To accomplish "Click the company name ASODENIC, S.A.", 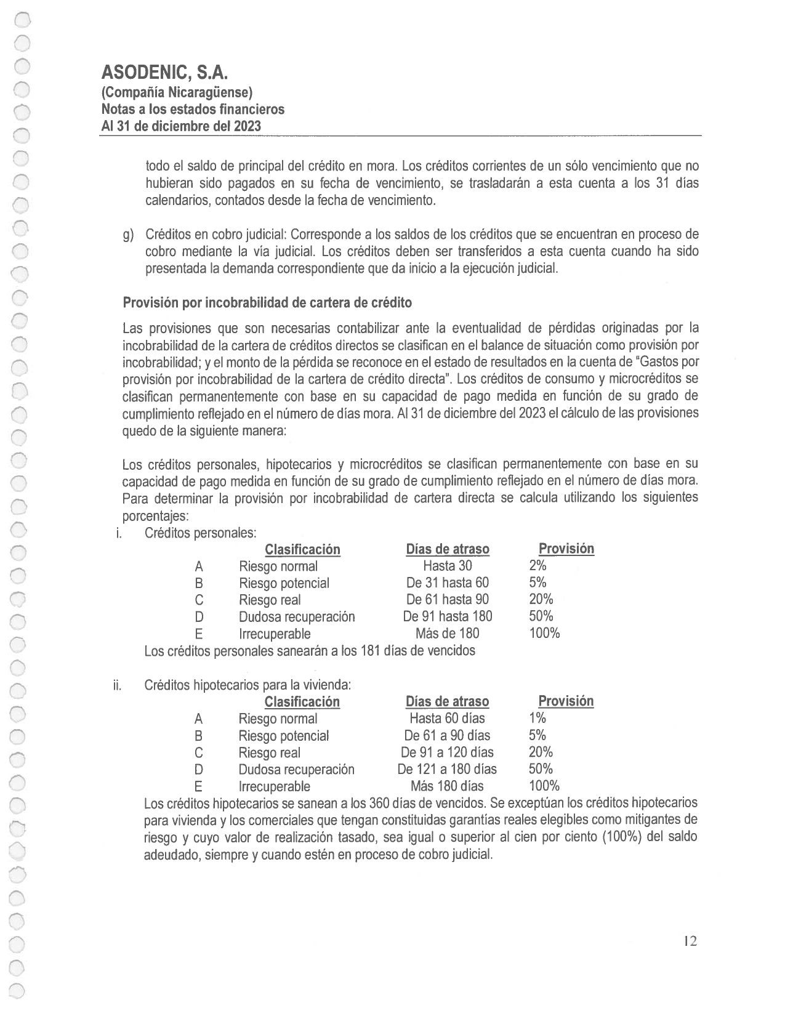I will pos(164,73).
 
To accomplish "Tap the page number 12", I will pos(690,941).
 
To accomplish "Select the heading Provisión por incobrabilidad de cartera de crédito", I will pos(267,302).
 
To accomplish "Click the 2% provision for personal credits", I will pos(537,566).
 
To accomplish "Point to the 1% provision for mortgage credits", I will pos(537,718).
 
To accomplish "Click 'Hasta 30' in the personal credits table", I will pos(448,566).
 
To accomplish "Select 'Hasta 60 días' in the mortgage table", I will pos(447,718).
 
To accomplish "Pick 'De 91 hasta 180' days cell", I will pos(448,616).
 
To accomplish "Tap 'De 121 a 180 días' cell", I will pos(447,769).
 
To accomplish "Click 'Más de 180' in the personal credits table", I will pos(448,633).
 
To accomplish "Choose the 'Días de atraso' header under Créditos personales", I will pos(448,549).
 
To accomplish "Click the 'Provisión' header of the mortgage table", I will pos(566,701).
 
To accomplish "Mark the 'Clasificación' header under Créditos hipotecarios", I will pos(302,701).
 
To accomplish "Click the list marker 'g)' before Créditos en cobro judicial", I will pos(128,235).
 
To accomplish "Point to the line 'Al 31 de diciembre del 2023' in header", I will pos(181,126).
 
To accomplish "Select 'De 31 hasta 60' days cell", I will pos(448,583).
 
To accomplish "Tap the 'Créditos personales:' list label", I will pos(200,533).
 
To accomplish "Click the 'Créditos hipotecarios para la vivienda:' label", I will pos(248,685).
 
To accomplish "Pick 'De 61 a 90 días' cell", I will pos(447,735).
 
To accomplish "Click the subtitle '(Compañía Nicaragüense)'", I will pos(177,92).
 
